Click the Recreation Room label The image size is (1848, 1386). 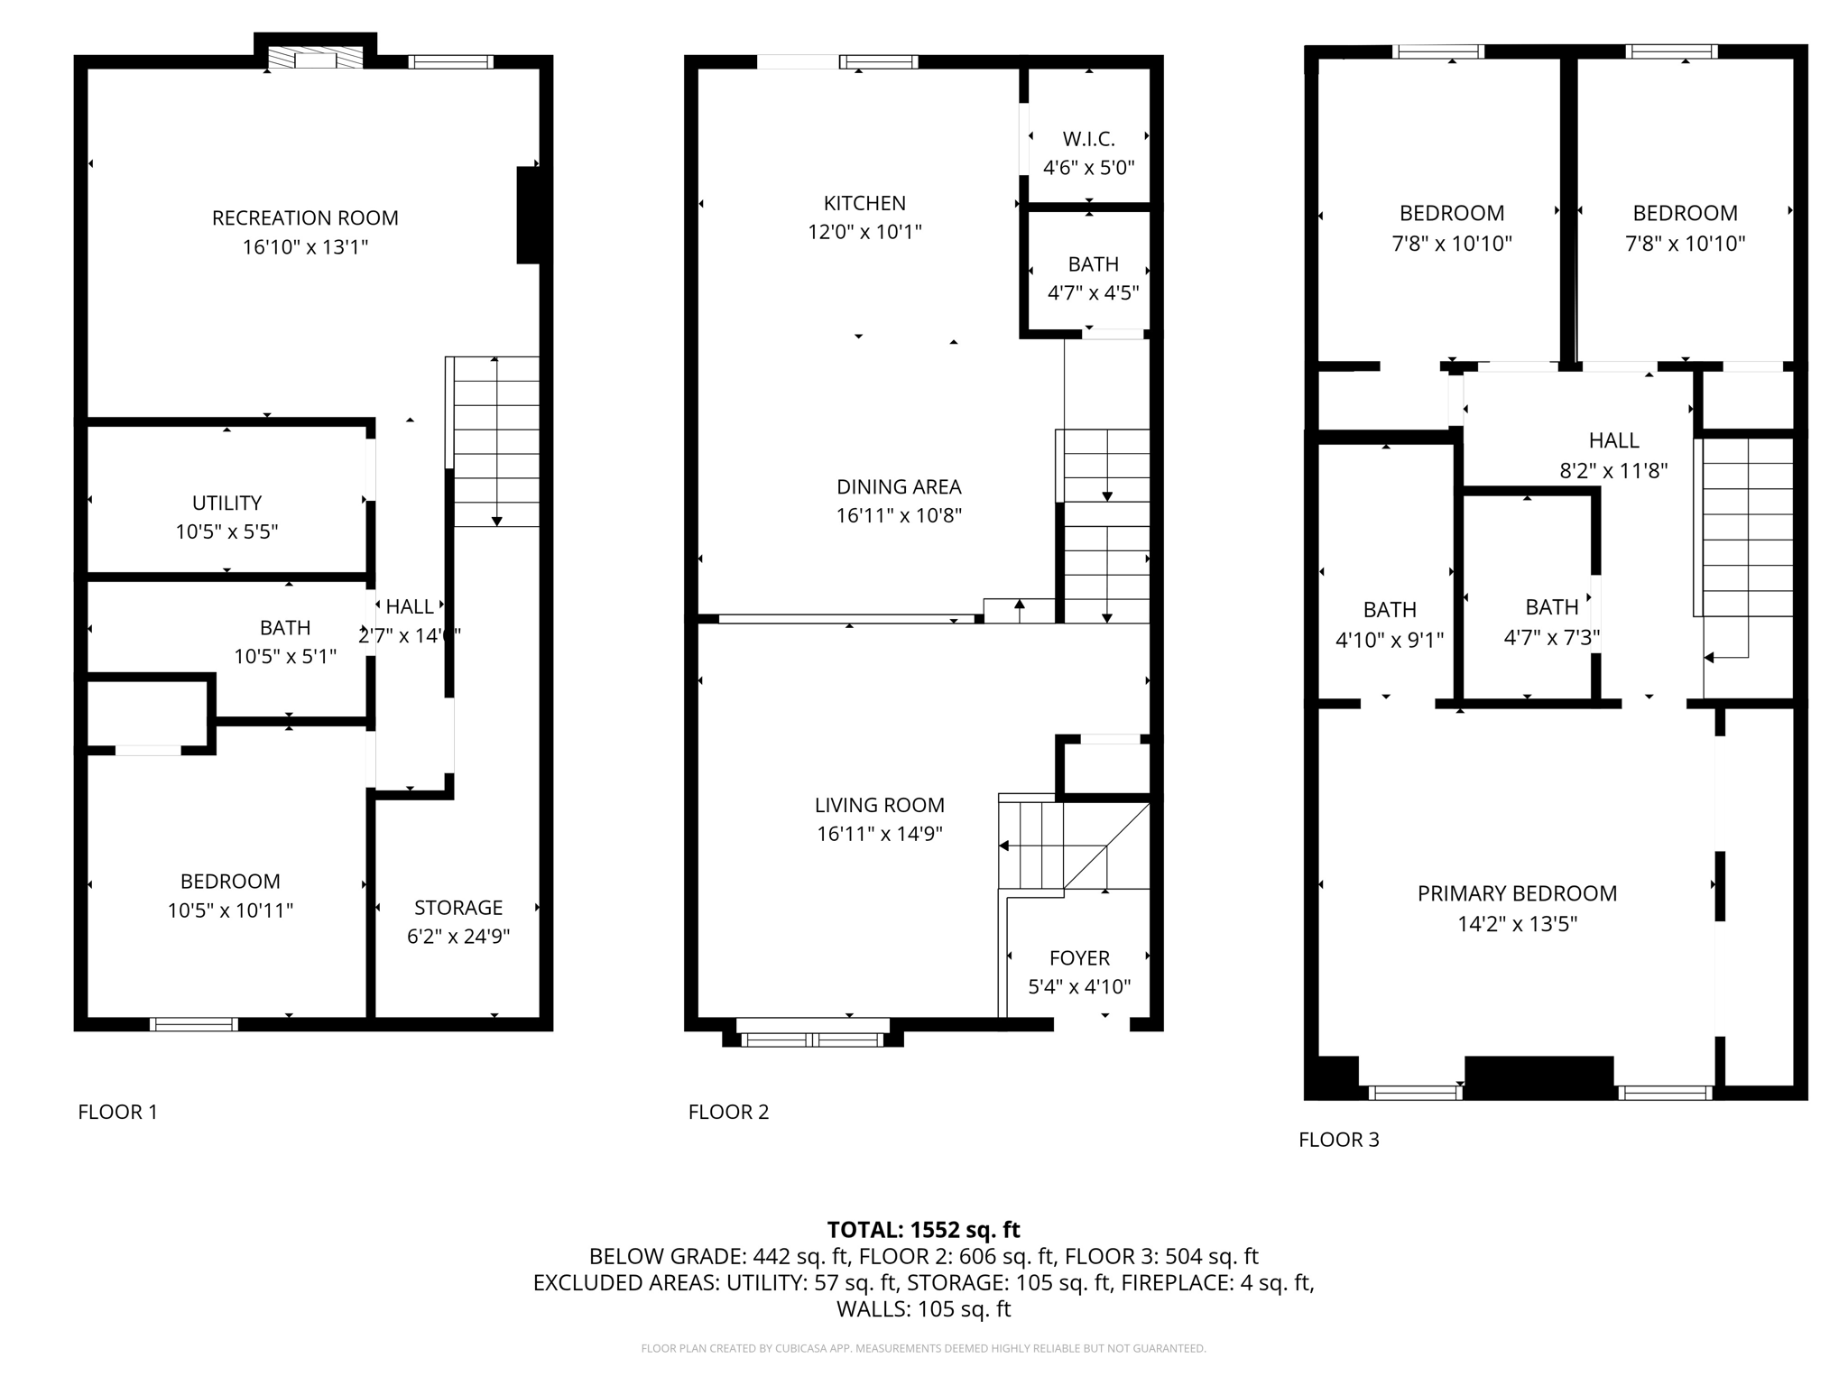point(305,217)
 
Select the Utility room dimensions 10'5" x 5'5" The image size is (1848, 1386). point(226,531)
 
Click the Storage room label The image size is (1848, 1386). point(458,907)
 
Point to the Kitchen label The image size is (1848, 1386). point(864,203)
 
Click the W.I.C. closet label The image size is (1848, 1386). point(1088,139)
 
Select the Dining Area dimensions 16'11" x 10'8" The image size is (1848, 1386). point(899,515)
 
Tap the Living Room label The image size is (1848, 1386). point(880,805)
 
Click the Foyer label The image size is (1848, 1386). point(1079,957)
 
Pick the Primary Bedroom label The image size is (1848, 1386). point(1517,893)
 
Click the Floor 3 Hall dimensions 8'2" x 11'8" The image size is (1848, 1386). point(1613,470)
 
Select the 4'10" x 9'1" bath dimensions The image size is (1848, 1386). point(1390,640)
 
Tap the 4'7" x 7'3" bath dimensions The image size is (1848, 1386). point(1552,637)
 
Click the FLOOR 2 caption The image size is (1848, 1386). point(728,1112)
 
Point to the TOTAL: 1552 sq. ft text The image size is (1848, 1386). point(923,1229)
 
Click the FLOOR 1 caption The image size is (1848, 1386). point(117,1112)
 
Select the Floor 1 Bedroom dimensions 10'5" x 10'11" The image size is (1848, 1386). point(230,910)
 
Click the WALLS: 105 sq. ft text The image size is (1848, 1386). point(923,1308)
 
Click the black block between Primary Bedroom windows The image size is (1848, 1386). point(1538,1076)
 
